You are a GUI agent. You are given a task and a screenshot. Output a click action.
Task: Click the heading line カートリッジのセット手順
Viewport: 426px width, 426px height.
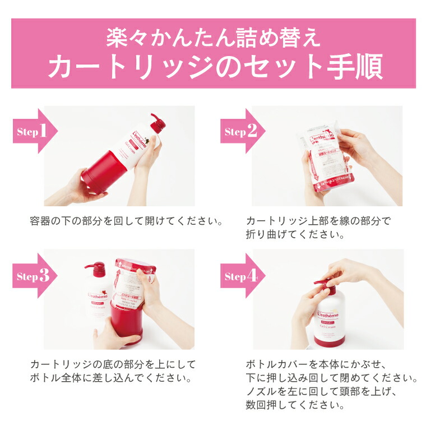pyautogui.click(x=214, y=67)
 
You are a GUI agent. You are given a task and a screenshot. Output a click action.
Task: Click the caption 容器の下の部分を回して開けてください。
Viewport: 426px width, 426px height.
pyautogui.click(x=127, y=220)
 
